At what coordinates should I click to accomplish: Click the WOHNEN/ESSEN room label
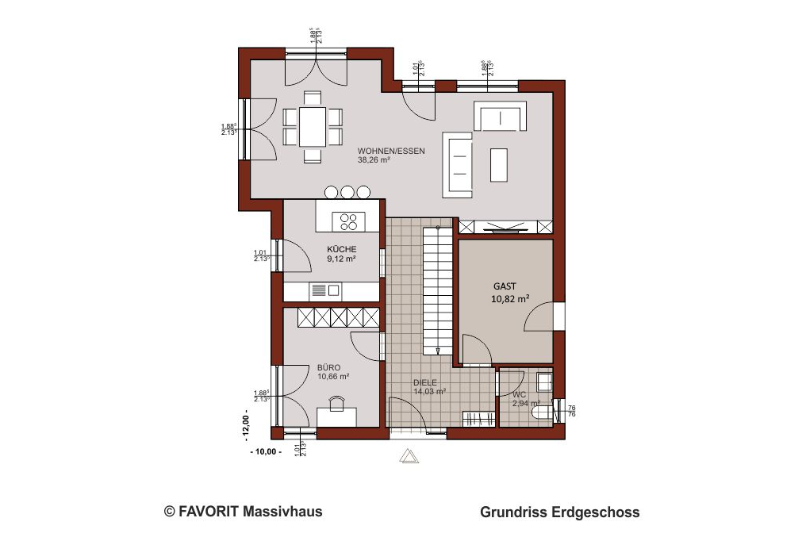[x=391, y=151]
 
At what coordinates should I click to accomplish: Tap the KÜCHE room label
[x=341, y=249]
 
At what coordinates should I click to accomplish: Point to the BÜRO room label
[x=328, y=367]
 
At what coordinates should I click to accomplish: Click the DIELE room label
[x=424, y=382]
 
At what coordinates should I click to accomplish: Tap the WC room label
[x=519, y=394]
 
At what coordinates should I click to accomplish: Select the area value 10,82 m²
[x=510, y=299]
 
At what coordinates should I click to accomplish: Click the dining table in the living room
[x=313, y=126]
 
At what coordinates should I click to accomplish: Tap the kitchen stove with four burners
[x=348, y=219]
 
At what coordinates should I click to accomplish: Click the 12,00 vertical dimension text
[x=246, y=424]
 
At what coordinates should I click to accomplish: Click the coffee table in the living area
[x=500, y=164]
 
